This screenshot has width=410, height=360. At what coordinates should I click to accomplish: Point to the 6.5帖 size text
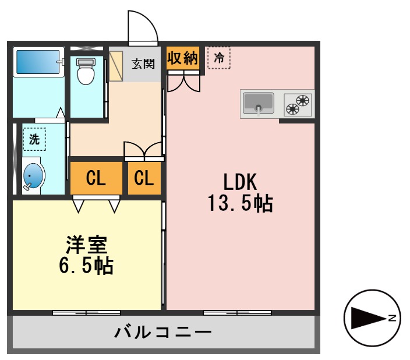coord(86,266)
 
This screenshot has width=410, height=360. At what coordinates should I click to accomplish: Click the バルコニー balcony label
coord(162,333)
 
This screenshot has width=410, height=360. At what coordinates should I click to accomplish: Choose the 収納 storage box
coord(183,58)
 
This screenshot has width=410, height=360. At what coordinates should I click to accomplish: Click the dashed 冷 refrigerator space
coord(218,58)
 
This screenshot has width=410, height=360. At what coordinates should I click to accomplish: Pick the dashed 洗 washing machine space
coord(34,139)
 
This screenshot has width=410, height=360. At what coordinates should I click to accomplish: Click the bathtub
coord(38,61)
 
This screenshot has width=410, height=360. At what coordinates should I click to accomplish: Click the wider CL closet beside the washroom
coord(96,178)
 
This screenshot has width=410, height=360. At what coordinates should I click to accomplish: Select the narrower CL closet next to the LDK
coord(144,178)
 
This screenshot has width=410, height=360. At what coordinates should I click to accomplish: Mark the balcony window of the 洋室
coord(79,313)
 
